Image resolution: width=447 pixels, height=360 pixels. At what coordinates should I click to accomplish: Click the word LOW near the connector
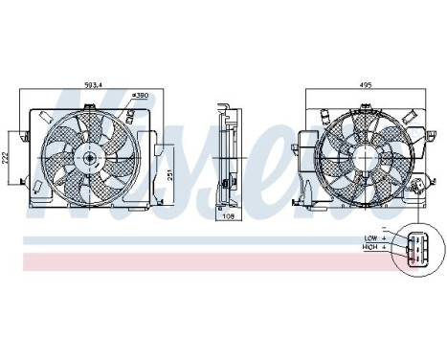(370, 236)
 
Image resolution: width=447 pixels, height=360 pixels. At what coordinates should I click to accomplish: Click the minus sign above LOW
(383, 229)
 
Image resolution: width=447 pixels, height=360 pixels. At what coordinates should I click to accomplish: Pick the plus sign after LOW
(383, 236)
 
